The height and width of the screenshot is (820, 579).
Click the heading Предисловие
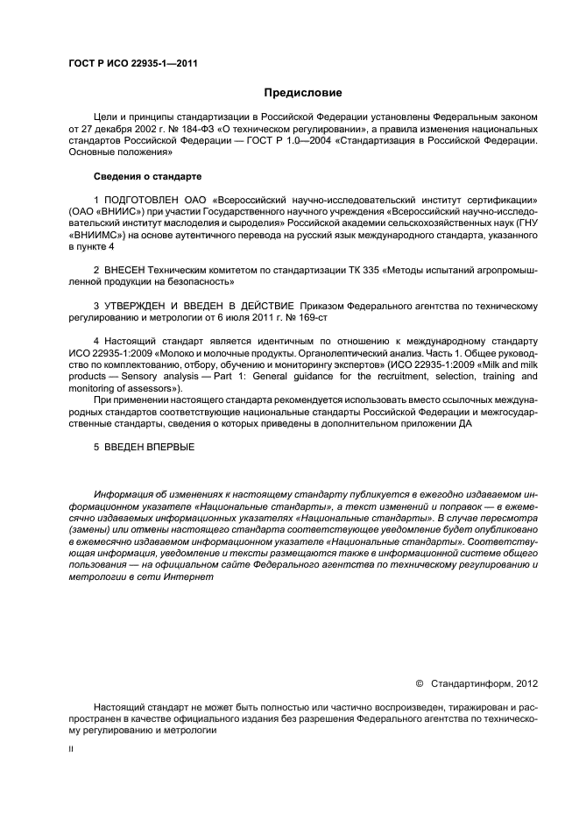[303, 92]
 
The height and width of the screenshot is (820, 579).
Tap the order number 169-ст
[315, 317]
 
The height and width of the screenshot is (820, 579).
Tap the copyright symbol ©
[419, 682]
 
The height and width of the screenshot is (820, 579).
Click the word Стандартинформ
[465, 682]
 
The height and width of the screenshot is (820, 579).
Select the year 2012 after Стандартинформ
[524, 682]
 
